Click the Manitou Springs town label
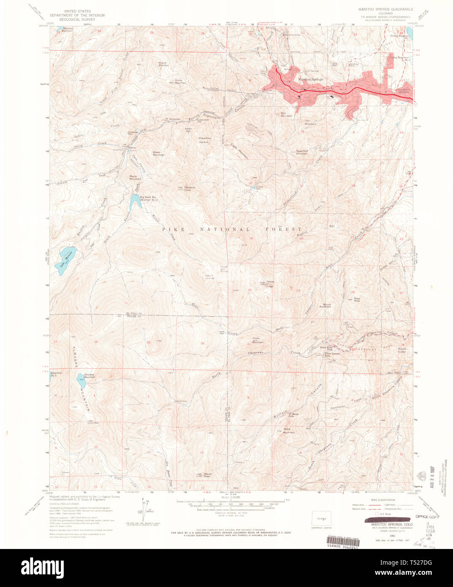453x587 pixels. pos(310,79)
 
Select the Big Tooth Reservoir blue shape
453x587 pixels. pos(134,201)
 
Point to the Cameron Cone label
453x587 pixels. pos(190,188)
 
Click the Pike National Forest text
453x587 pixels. pos(232,229)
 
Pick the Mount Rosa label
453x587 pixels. pos(208,475)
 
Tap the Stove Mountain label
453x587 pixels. pos(289,431)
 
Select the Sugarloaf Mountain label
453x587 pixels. pos(302,152)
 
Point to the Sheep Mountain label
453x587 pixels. pos(158,153)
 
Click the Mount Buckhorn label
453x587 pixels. pos(327,305)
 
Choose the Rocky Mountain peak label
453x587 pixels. pos(180,82)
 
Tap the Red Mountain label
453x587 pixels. pos(286,114)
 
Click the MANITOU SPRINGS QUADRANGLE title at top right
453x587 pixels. pos(386,9)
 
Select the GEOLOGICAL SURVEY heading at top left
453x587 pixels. pos(77,19)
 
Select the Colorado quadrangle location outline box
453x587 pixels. pos(321,518)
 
